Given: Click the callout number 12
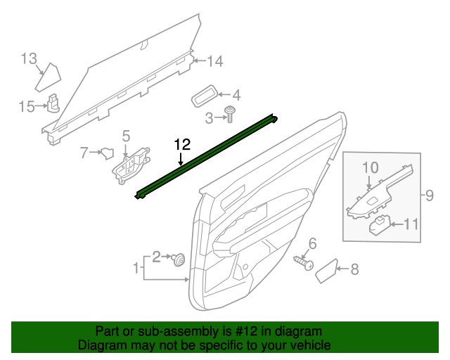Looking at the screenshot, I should point(182,144).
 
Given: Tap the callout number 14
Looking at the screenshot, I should point(214,62).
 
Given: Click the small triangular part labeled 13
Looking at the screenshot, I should point(50,73).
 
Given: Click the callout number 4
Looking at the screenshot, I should point(236,95).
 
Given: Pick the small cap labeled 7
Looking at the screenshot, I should point(108,151).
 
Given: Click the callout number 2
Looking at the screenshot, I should point(157,255).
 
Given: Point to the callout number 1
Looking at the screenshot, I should point(136,267).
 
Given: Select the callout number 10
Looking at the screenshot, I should point(371,167).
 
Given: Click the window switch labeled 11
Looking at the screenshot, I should point(379,225).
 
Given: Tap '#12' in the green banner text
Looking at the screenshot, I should point(244,331).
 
